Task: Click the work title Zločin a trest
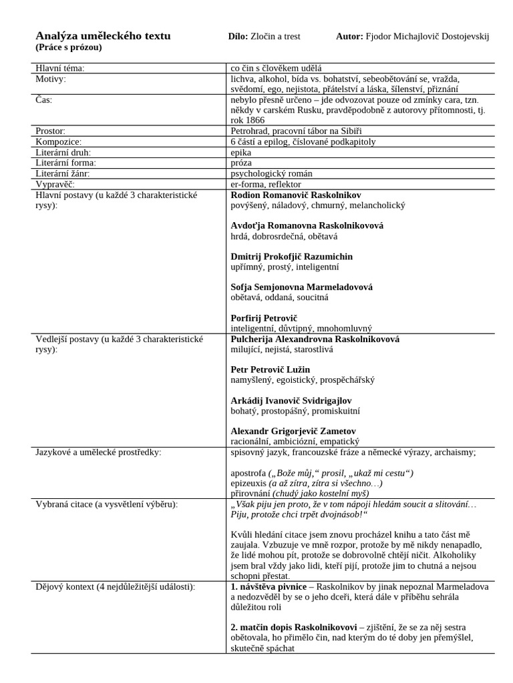click(x=275, y=36)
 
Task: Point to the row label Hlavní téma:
click(x=60, y=68)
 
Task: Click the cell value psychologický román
click(x=271, y=173)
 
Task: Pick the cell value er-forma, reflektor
click(x=266, y=184)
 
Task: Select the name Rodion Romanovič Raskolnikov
click(x=295, y=195)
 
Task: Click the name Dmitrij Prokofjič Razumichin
click(x=291, y=257)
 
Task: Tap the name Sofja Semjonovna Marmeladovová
click(x=301, y=287)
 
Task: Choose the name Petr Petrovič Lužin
click(x=270, y=370)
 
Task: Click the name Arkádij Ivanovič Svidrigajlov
click(x=291, y=400)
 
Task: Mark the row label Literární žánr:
click(x=62, y=173)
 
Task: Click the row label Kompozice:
click(x=58, y=141)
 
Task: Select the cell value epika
click(x=241, y=152)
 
